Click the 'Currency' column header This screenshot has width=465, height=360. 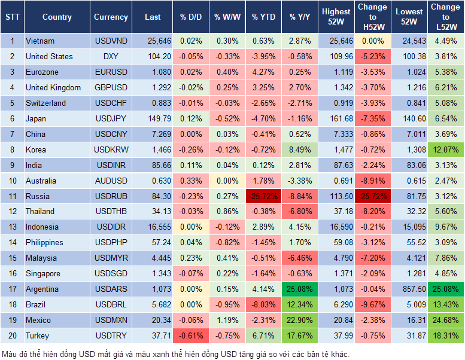(111, 17)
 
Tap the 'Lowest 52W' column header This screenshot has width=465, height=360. (409, 17)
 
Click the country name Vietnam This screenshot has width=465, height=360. (40, 41)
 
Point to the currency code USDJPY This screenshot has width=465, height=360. (111, 118)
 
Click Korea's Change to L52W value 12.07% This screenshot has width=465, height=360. (445, 150)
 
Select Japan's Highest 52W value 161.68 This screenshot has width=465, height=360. (337, 118)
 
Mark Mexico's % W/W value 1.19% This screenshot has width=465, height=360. (227, 321)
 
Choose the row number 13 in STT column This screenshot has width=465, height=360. (12, 227)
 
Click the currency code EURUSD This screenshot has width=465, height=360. (111, 72)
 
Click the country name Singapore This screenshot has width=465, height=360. (43, 274)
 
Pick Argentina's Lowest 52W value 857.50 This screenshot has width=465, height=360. (409, 289)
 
